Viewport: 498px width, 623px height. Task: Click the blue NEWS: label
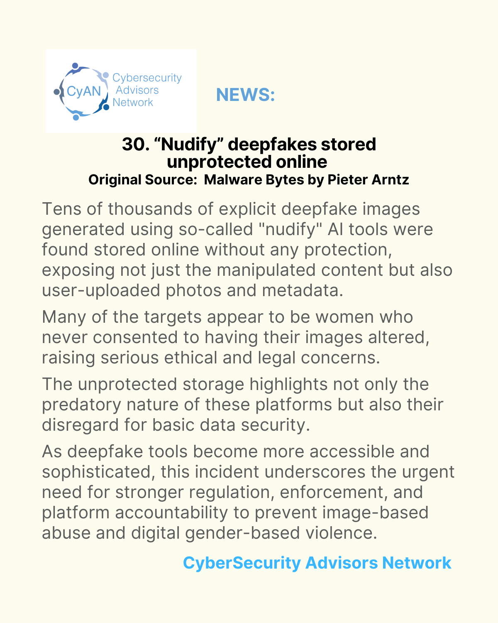pyautogui.click(x=245, y=95)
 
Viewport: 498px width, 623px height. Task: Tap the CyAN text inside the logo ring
pyautogui.click(x=84, y=91)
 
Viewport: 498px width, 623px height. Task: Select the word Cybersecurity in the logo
pyautogui.click(x=147, y=78)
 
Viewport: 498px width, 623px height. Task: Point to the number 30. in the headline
pyautogui.click(x=135, y=144)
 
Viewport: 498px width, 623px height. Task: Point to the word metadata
pyautogui.click(x=303, y=290)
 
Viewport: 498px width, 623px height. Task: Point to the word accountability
pyautogui.click(x=171, y=512)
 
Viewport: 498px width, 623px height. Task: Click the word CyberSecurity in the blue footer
pyautogui.click(x=242, y=563)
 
